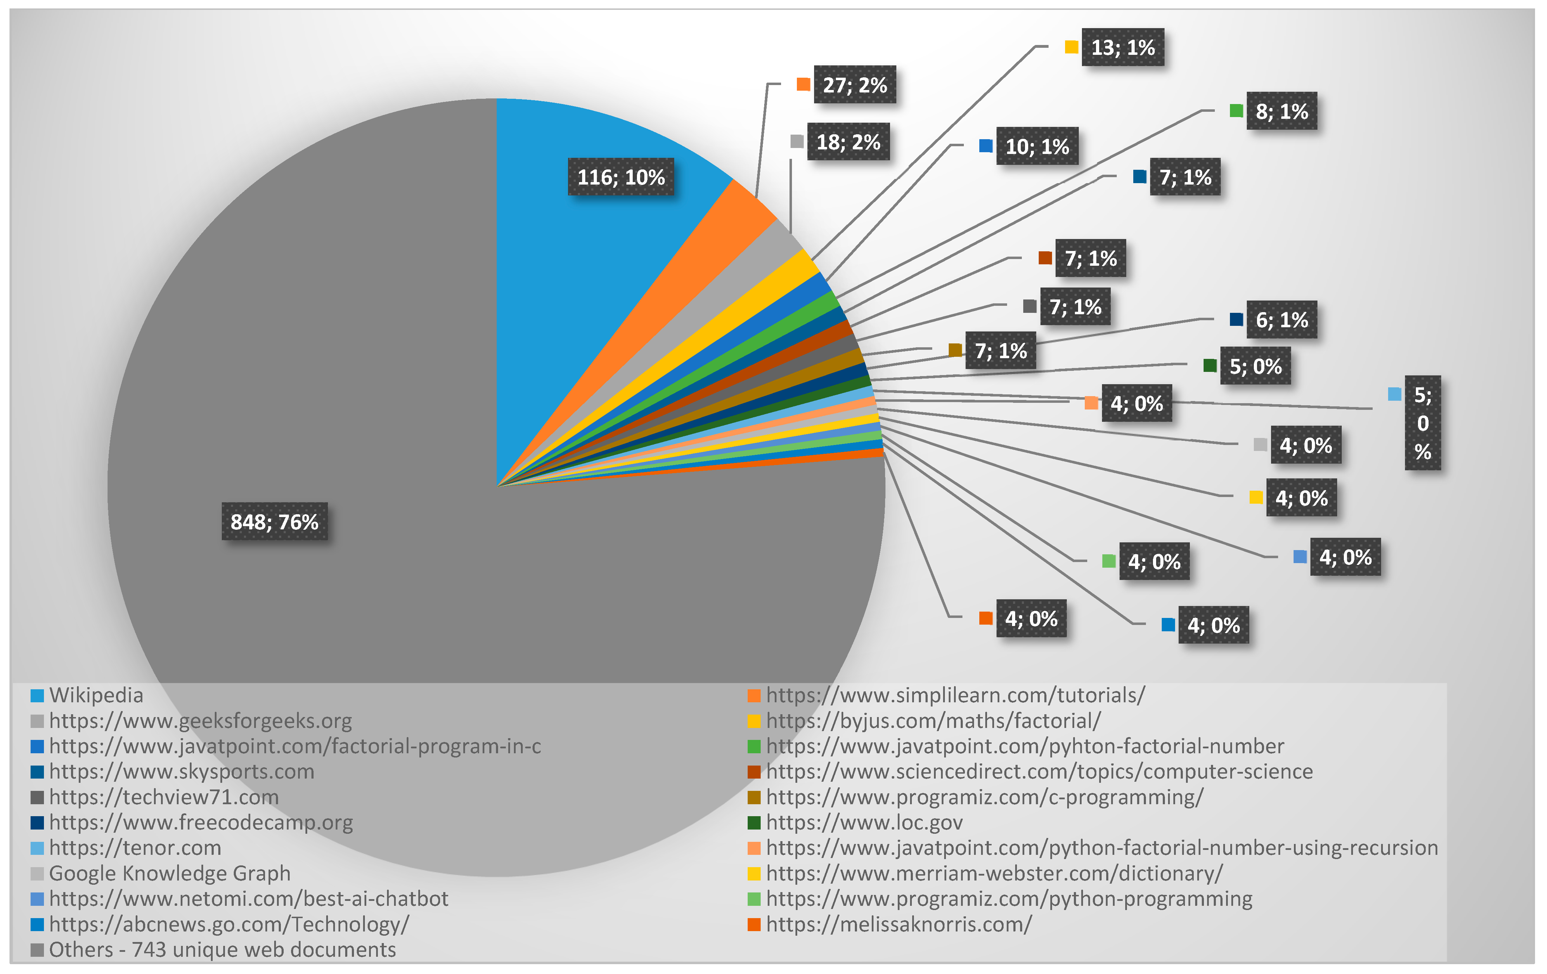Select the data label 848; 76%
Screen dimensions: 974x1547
click(274, 522)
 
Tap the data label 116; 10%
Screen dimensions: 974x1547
click(621, 177)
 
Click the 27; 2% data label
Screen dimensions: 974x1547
click(855, 85)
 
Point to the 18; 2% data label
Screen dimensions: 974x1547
click(848, 142)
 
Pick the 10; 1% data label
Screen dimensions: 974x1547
click(1037, 147)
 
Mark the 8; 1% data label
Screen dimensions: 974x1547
click(1282, 111)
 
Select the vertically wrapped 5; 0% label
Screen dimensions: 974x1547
click(1422, 423)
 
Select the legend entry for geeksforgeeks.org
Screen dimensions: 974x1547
click(200, 721)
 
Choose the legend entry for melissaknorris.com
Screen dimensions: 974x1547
click(898, 924)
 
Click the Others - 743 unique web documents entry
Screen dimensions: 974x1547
click(222, 950)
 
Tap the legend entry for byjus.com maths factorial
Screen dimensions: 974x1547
click(933, 721)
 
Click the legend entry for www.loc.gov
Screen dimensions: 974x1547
click(864, 823)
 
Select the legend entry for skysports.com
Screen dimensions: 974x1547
click(181, 772)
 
